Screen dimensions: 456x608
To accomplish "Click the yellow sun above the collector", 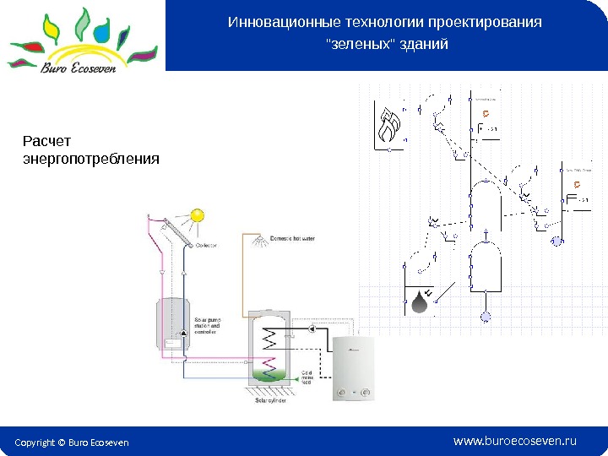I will pyautogui.click(x=197, y=214).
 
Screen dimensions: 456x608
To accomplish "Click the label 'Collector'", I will pyautogui.click(x=207, y=245).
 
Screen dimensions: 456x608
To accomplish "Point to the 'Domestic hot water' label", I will pyautogui.click(x=293, y=239).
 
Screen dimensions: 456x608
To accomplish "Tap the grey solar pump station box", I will pyautogui.click(x=174, y=322).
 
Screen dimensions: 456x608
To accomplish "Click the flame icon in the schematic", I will pyautogui.click(x=389, y=127).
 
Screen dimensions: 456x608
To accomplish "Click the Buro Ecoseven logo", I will pyautogui.click(x=82, y=38).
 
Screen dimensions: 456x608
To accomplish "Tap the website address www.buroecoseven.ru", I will pyautogui.click(x=514, y=441).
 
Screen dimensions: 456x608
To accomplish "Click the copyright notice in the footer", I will pyautogui.click(x=72, y=442).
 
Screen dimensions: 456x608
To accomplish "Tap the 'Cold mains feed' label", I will pyautogui.click(x=307, y=377).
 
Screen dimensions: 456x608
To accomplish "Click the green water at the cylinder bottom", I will pyautogui.click(x=271, y=372).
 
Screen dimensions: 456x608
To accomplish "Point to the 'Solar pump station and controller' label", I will pyautogui.click(x=209, y=326).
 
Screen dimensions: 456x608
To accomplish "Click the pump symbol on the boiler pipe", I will pyautogui.click(x=313, y=329).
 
